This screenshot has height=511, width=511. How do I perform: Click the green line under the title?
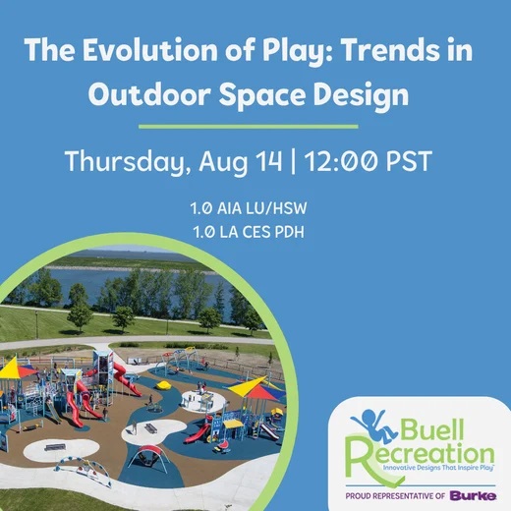249,127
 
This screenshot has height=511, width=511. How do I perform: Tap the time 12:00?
341,161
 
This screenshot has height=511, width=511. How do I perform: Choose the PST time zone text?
409,161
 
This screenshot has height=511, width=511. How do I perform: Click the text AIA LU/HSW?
262,208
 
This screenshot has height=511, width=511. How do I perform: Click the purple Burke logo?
473,495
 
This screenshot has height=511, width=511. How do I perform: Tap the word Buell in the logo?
431,429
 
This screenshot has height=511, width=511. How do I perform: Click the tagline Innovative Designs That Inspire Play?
438,468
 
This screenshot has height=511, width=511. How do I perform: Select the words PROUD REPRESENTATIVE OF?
395,496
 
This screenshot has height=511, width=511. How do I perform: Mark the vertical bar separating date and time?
293,162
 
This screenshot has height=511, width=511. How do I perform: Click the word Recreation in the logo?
421,454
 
